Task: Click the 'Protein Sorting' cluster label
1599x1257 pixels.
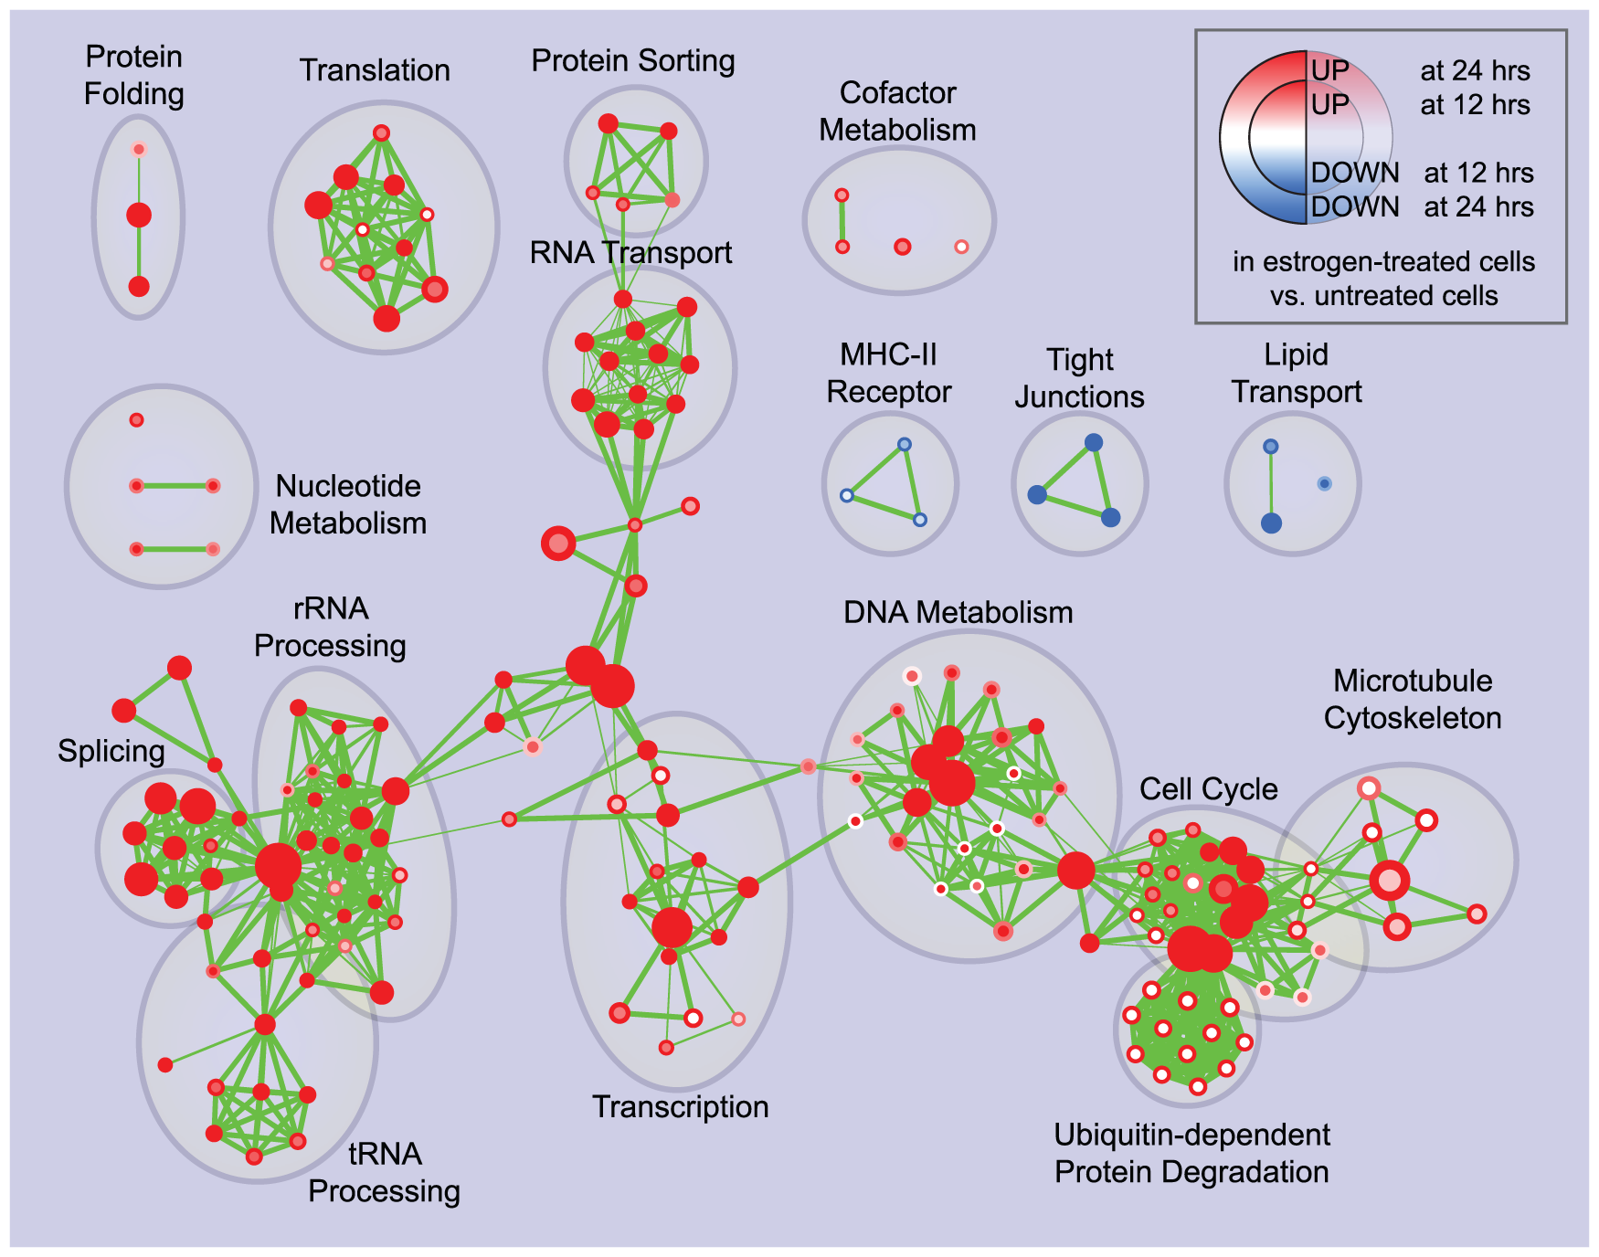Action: click(x=633, y=61)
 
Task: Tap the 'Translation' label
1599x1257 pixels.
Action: click(x=375, y=70)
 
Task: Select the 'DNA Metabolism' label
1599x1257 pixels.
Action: click(x=958, y=612)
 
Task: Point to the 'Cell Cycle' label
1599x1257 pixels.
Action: click(x=1208, y=789)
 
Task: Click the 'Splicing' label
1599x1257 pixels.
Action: click(x=111, y=751)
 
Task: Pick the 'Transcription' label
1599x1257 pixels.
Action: click(x=680, y=1107)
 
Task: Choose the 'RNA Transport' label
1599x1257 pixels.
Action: click(x=630, y=252)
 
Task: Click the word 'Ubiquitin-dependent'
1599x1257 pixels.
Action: click(x=1191, y=1135)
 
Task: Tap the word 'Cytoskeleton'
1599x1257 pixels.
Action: click(x=1412, y=718)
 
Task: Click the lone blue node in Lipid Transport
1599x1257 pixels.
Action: click(x=1324, y=483)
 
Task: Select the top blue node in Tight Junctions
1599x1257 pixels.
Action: click(x=1094, y=443)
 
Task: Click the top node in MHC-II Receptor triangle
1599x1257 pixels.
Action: click(x=904, y=445)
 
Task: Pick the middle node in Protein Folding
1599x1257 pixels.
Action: click(x=139, y=216)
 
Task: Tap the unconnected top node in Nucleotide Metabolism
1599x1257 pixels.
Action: click(x=136, y=420)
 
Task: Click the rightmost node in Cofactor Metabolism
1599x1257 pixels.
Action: click(x=961, y=247)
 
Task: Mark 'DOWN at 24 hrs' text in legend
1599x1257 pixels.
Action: click(x=1422, y=207)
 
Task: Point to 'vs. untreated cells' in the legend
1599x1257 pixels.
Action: click(x=1383, y=296)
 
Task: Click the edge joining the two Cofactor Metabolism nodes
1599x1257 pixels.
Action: click(x=842, y=221)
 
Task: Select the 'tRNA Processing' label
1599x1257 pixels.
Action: click(x=384, y=1173)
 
